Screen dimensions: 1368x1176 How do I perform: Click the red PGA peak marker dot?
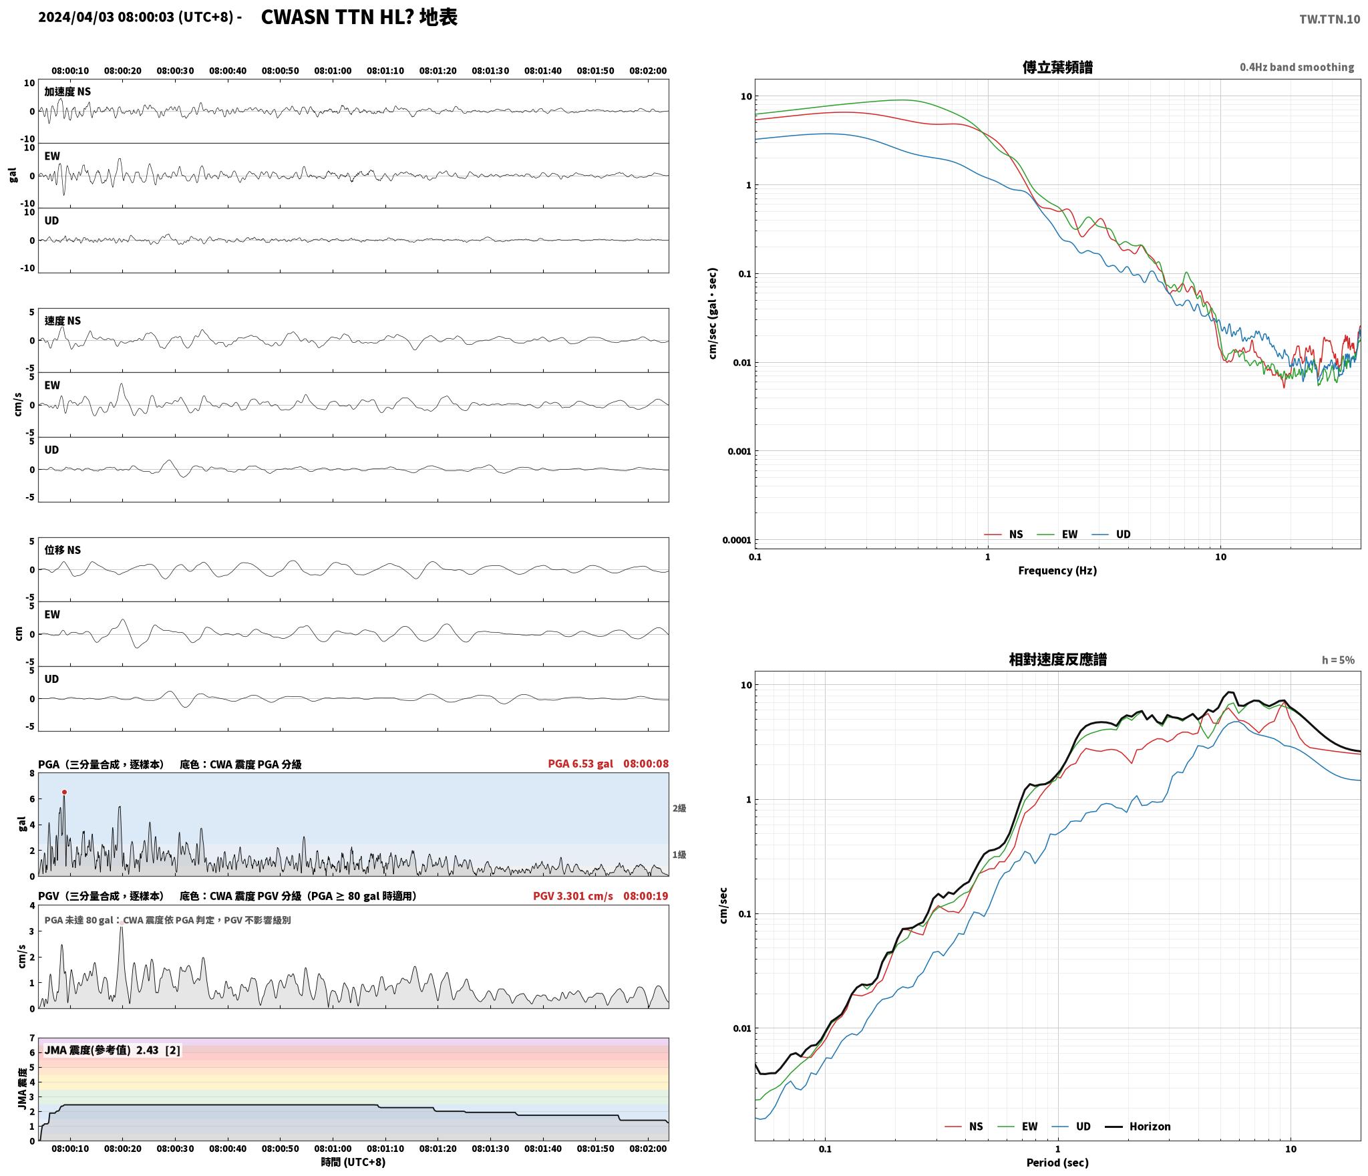64,792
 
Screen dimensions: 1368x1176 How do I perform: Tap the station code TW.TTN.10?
1329,19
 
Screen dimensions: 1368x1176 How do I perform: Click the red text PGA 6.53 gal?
580,763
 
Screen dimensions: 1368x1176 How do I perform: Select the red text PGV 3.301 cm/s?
572,895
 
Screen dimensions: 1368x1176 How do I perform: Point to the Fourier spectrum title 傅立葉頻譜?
1057,67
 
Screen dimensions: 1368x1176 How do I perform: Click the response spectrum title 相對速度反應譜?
1057,659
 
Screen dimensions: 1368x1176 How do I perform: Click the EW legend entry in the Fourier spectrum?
1057,534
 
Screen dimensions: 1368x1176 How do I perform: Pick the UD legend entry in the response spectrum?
1071,1126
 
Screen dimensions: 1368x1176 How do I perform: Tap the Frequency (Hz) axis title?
1057,570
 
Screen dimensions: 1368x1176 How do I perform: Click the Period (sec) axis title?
1057,1163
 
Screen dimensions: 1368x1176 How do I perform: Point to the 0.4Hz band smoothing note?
1297,67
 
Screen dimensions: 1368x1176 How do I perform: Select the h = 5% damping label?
1338,660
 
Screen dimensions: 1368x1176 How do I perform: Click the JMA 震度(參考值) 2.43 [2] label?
112,1050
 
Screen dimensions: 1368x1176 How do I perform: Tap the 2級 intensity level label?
679,808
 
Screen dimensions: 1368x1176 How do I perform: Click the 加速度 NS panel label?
67,92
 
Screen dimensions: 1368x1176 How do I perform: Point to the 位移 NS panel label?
63,550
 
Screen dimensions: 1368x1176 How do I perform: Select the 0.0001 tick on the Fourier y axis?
736,540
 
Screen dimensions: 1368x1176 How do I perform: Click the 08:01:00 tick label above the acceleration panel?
333,71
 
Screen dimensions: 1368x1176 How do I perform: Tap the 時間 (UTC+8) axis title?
353,1162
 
